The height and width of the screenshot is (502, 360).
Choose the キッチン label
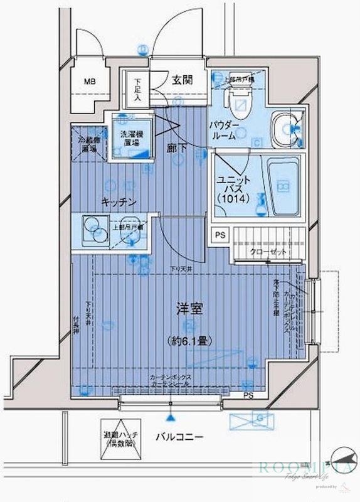coord(120,201)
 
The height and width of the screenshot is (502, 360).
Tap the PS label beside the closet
coord(220,236)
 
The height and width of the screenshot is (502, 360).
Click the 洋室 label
coord(188,309)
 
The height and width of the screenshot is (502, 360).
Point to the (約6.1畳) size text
coord(188,341)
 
